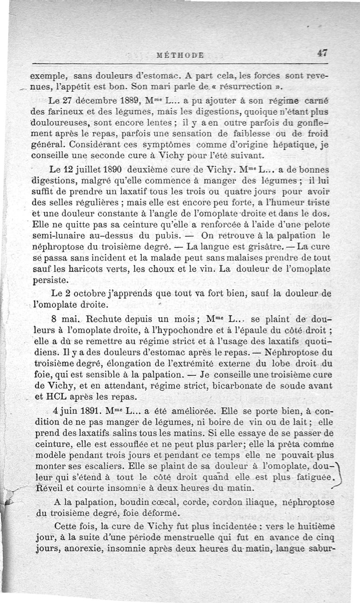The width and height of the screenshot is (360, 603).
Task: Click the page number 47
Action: click(321, 52)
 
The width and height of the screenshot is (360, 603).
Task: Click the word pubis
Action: click(168, 234)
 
